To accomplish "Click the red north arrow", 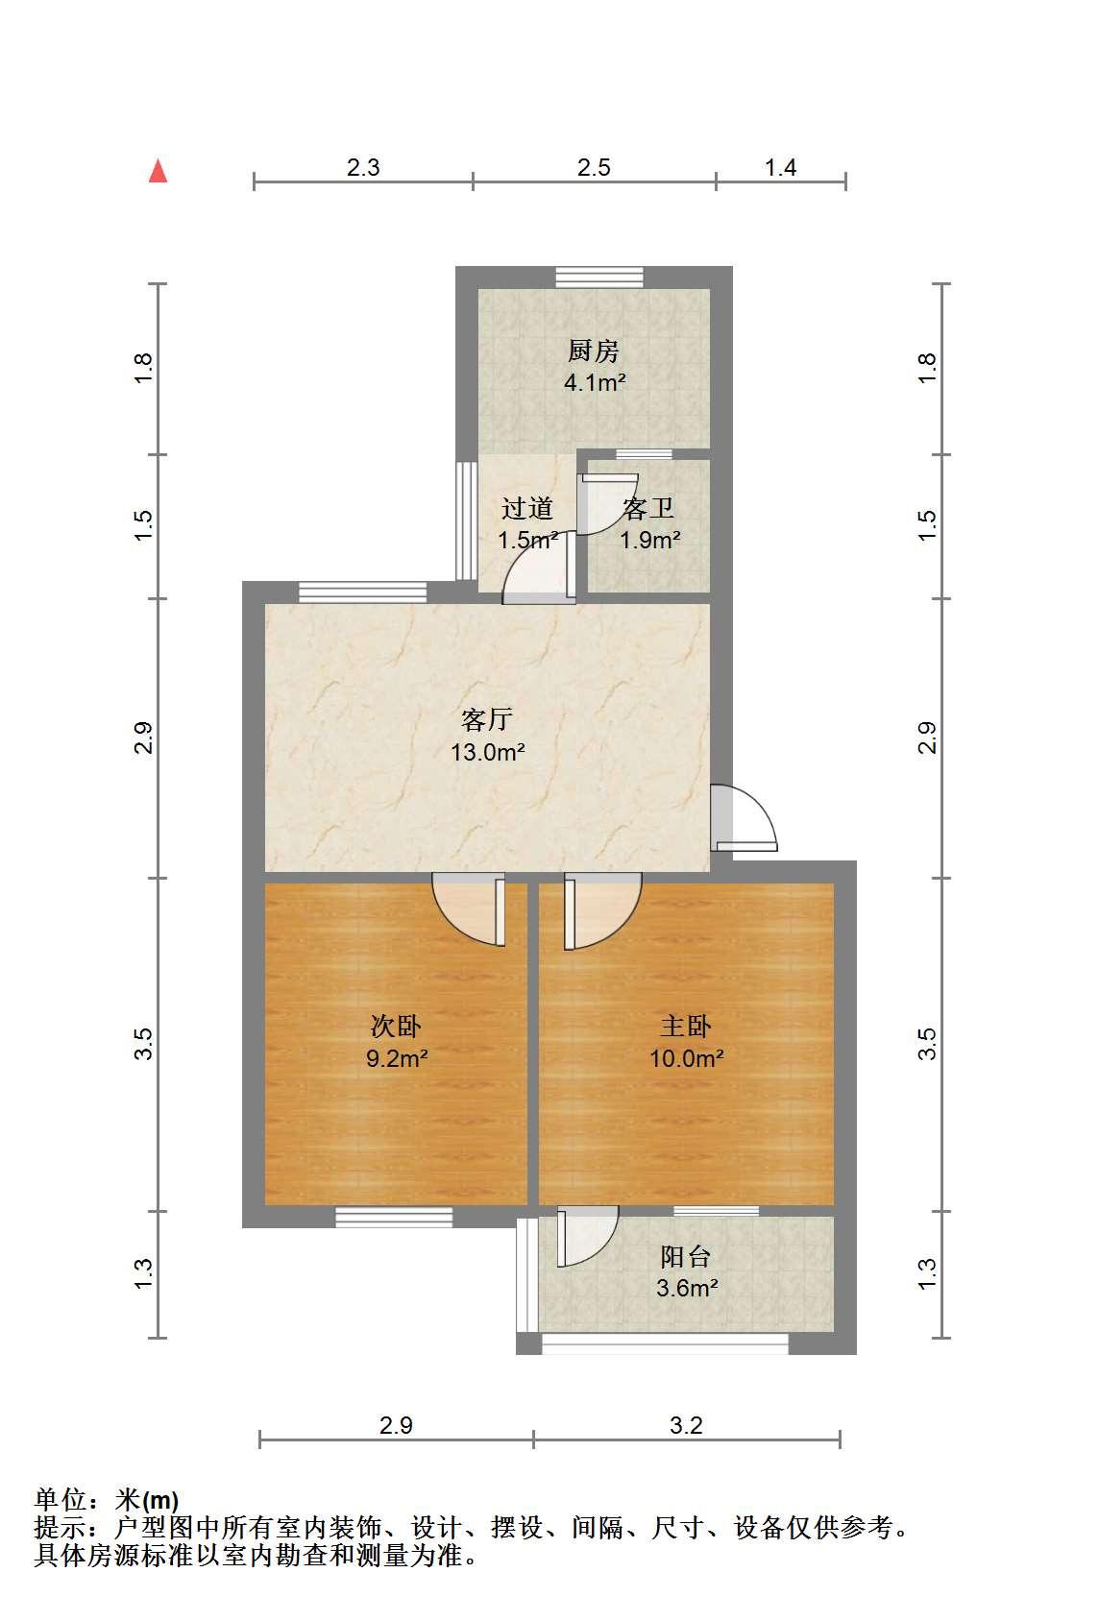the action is [158, 171].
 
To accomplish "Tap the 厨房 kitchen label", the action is [594, 351].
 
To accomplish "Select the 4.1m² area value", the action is [595, 382].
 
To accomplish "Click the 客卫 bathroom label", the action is [648, 509].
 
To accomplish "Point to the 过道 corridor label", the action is [527, 509].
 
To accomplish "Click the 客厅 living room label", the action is [487, 719].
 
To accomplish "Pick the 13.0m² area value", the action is [487, 752].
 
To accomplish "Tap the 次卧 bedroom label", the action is [395, 1027].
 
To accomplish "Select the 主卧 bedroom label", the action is [686, 1027].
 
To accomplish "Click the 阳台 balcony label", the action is [686, 1257].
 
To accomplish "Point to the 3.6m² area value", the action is [686, 1288].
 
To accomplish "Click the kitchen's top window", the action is [599, 278].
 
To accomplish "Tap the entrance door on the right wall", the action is [744, 818].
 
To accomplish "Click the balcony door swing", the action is [587, 1236].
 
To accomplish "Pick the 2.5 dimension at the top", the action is [594, 168].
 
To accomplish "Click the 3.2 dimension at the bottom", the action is [686, 1426].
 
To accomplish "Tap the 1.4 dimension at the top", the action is [780, 168].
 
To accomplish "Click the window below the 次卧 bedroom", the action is [394, 1218].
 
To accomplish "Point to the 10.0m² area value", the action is [686, 1058].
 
